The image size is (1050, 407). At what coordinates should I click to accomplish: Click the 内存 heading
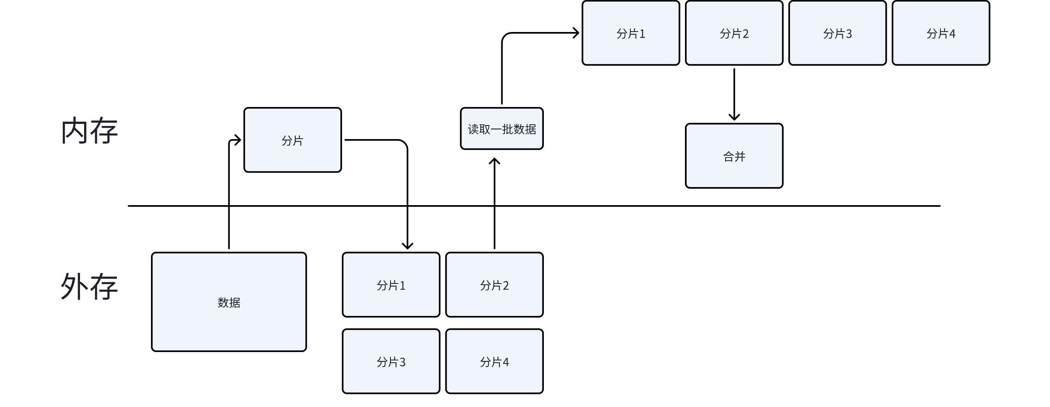(89, 131)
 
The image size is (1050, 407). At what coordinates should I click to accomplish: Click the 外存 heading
(89, 286)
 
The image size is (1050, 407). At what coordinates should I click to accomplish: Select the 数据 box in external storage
(229, 302)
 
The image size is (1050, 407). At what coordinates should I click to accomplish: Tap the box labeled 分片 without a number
(292, 140)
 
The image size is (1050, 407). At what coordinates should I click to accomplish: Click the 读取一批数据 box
(502, 129)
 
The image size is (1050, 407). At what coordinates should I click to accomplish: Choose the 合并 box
(734, 156)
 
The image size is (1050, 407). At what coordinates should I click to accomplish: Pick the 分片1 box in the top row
(630, 33)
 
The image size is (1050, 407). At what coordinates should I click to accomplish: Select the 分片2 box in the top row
(734, 33)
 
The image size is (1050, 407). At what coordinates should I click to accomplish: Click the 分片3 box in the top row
(837, 33)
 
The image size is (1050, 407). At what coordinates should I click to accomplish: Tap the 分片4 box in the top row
(940, 33)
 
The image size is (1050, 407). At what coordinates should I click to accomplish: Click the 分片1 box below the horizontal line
(391, 285)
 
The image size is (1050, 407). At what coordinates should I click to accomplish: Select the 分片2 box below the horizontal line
(494, 285)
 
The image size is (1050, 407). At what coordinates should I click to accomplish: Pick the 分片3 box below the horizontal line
(391, 361)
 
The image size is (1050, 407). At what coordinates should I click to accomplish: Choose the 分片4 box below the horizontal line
(494, 361)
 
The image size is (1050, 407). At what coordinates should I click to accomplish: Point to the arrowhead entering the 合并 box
(734, 117)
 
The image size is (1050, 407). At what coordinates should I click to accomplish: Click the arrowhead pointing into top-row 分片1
(575, 33)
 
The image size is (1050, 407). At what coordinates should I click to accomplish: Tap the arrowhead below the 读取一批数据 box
(494, 161)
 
